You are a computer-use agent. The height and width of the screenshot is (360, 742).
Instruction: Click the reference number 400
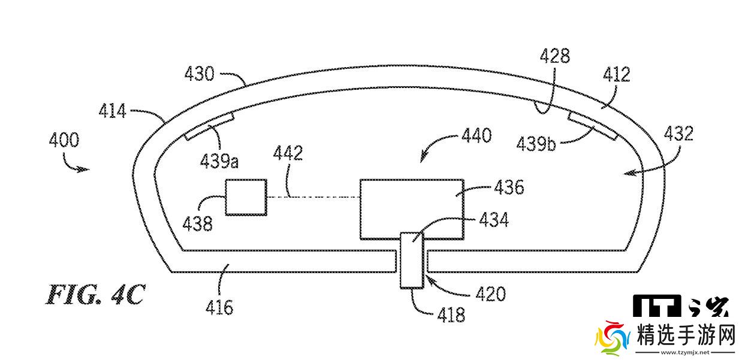point(64,141)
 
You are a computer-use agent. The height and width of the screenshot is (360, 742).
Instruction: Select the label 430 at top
point(199,74)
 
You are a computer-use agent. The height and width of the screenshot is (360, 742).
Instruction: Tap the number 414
point(113,111)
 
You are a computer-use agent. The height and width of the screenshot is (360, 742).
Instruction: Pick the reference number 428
point(554,57)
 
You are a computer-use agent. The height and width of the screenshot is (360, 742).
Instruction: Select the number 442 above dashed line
point(288,154)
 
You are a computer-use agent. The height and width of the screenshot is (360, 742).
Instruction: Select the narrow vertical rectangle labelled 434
point(412,261)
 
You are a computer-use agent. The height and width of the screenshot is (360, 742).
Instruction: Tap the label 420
point(490,294)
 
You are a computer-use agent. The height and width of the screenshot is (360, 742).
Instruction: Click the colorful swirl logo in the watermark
point(609,339)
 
